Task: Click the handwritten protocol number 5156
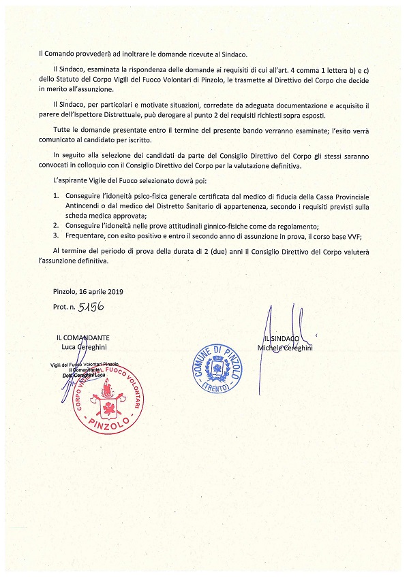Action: (x=91, y=307)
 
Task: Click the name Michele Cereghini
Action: (x=286, y=348)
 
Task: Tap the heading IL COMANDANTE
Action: (x=84, y=337)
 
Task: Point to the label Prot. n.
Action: (x=65, y=308)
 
